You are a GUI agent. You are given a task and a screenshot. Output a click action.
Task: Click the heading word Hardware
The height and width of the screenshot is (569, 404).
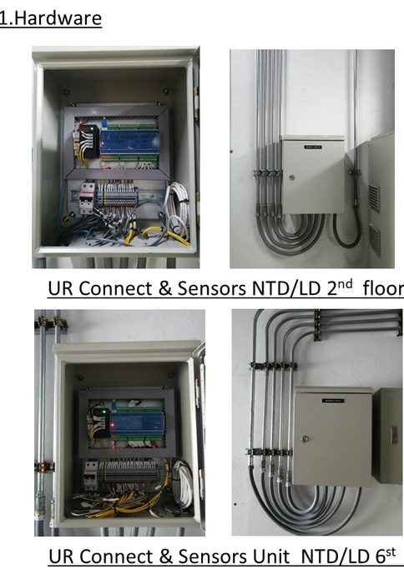pos(58,18)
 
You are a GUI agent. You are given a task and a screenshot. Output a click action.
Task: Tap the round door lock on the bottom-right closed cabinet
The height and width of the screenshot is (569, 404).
pos(305,439)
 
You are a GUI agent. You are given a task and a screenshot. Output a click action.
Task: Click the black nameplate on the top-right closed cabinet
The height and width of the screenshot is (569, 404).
pos(313,147)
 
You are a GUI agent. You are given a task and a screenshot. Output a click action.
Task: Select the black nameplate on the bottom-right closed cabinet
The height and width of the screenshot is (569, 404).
pos(333,401)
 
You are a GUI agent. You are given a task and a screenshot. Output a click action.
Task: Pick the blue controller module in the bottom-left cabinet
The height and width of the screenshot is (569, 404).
pos(139,423)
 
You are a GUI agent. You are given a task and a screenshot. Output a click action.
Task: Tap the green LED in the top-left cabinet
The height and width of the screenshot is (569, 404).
pos(92,128)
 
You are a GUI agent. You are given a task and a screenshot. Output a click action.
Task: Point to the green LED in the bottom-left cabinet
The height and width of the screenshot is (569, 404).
pos(104,412)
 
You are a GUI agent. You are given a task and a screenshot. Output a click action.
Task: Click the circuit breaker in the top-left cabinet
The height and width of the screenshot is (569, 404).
pos(87,197)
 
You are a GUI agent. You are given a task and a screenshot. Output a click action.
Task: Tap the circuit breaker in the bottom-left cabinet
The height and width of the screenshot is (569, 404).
pos(90,473)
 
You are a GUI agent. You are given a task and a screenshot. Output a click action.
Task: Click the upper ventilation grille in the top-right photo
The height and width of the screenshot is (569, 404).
pos(374,197)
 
